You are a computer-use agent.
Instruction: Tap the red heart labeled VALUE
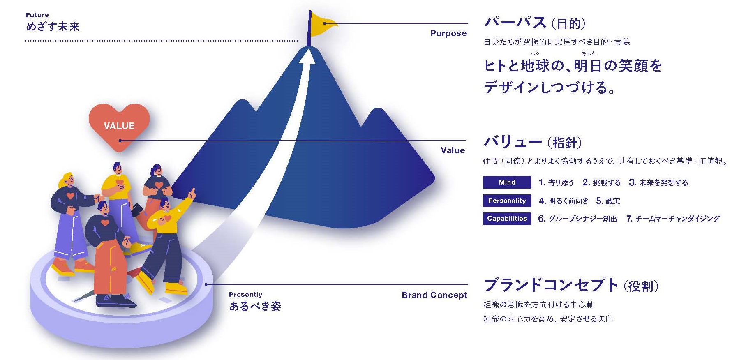(119, 125)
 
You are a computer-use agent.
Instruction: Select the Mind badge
(507, 182)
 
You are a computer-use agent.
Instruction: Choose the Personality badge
(507, 201)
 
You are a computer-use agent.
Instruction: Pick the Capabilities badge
(507, 219)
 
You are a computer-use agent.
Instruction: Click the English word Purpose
(448, 34)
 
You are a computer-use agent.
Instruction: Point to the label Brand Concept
(434, 295)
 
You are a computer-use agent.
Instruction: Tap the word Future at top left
(37, 15)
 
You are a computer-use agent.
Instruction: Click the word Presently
(245, 295)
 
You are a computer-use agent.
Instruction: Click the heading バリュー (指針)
(533, 142)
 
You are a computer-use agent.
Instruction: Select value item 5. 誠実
(608, 201)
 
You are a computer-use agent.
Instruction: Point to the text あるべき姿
(255, 307)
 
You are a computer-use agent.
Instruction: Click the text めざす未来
(53, 27)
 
